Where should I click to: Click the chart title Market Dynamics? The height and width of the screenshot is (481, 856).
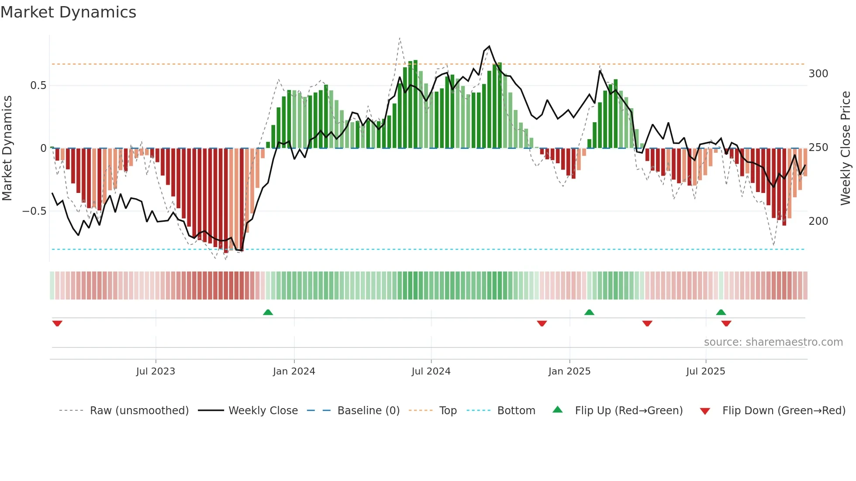pyautogui.click(x=68, y=12)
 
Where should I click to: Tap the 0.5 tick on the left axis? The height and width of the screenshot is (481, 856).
pyautogui.click(x=38, y=86)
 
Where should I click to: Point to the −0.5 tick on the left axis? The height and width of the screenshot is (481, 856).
pyautogui.click(x=35, y=211)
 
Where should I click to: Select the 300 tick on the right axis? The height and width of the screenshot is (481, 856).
pyautogui.click(x=818, y=74)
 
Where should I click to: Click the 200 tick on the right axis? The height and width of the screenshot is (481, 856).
pyautogui.click(x=818, y=221)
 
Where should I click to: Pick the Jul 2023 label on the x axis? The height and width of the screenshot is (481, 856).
pyautogui.click(x=155, y=371)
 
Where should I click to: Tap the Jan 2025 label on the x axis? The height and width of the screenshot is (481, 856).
pyautogui.click(x=569, y=371)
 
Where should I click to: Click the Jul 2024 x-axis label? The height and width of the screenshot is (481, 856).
pyautogui.click(x=431, y=371)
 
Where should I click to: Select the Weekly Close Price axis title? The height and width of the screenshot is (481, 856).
pyautogui.click(x=846, y=148)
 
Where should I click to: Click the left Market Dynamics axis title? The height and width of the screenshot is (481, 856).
pyautogui.click(x=7, y=148)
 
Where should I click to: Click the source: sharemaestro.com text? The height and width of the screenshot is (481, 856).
pyautogui.click(x=773, y=342)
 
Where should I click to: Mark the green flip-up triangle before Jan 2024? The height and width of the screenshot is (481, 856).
pyautogui.click(x=268, y=312)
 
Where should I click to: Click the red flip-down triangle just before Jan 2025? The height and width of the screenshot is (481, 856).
pyautogui.click(x=542, y=323)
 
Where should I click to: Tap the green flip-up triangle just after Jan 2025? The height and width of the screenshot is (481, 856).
pyautogui.click(x=589, y=312)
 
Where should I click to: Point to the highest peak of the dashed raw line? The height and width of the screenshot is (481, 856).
pyautogui.click(x=400, y=38)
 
